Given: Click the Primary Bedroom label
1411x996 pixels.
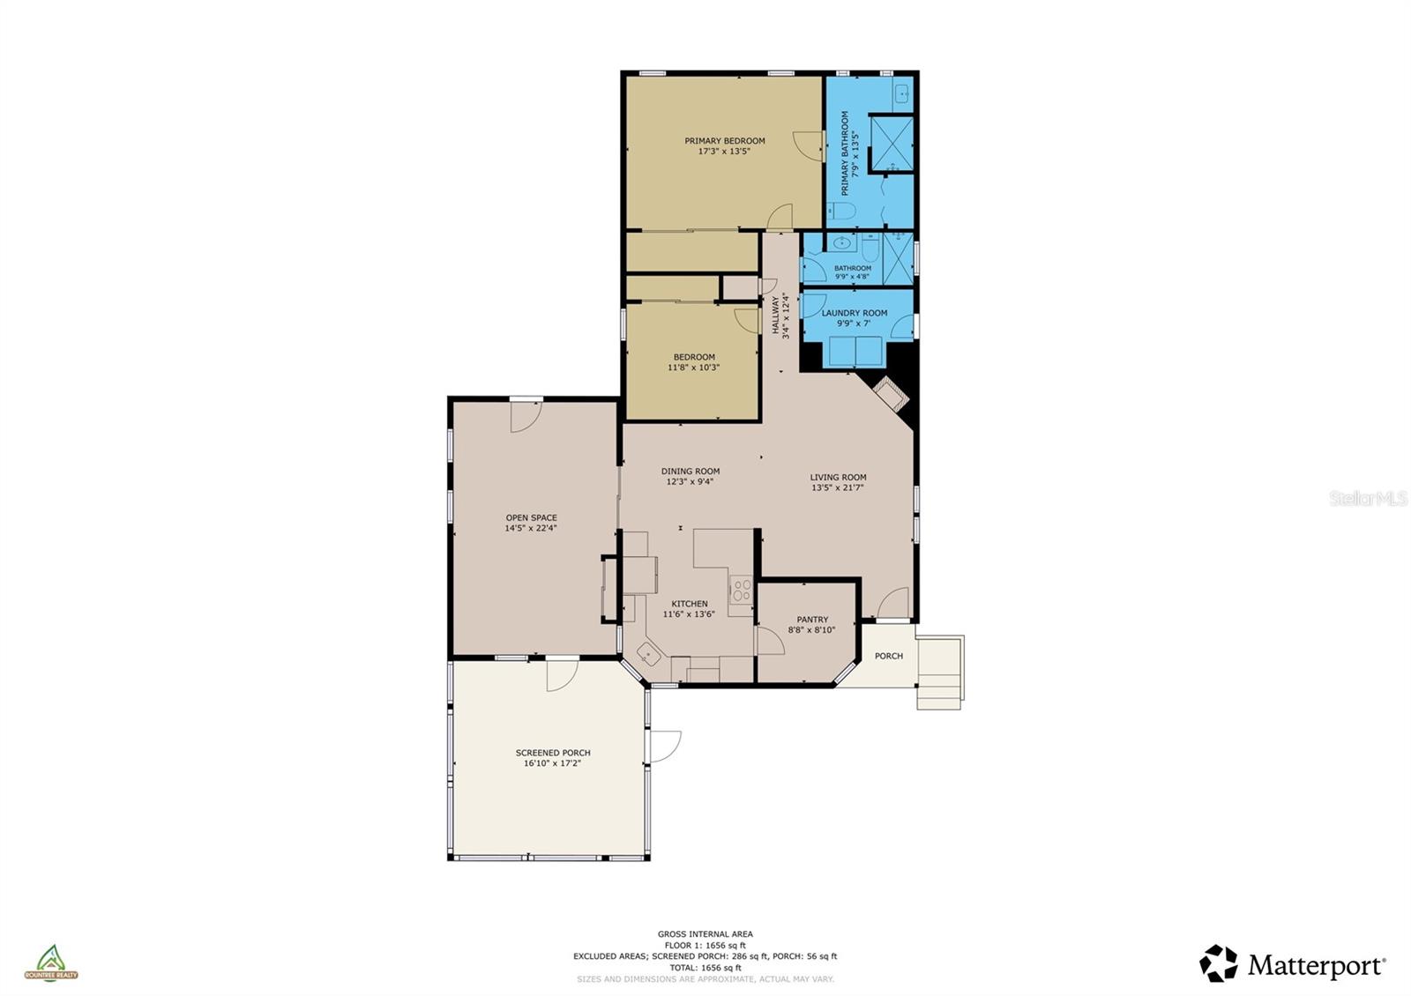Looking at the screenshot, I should pos(724,141).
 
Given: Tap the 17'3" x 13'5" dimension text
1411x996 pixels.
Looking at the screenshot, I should pos(724,152).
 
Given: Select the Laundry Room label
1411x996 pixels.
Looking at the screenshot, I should pos(855,313).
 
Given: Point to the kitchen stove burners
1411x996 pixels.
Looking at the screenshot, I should pos(741,590).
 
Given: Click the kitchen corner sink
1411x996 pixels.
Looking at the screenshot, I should pos(650,655).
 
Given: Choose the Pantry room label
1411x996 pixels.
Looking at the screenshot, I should pos(811,620).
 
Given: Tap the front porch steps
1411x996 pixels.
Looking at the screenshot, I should pos(939,674).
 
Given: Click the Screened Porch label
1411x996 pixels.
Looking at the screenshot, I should pos(553,753).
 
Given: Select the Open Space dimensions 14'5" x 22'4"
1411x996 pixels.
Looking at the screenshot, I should pos(531,529).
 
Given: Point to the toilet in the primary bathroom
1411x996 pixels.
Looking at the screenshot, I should pos(841,211).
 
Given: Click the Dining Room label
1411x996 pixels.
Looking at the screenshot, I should pos(691,472).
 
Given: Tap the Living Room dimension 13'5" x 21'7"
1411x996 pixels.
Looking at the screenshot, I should pos(838,487).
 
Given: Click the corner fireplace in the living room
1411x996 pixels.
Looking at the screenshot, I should pos(890,394).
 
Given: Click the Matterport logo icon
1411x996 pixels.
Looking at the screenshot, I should pos(1219,963).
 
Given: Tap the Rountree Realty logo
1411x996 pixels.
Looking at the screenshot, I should pos(50,963).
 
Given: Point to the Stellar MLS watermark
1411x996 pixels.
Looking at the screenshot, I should pos(1368,499).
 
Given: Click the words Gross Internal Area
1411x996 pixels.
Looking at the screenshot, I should pos(705,934).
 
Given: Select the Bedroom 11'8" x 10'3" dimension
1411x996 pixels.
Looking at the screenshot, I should pos(693,368).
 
